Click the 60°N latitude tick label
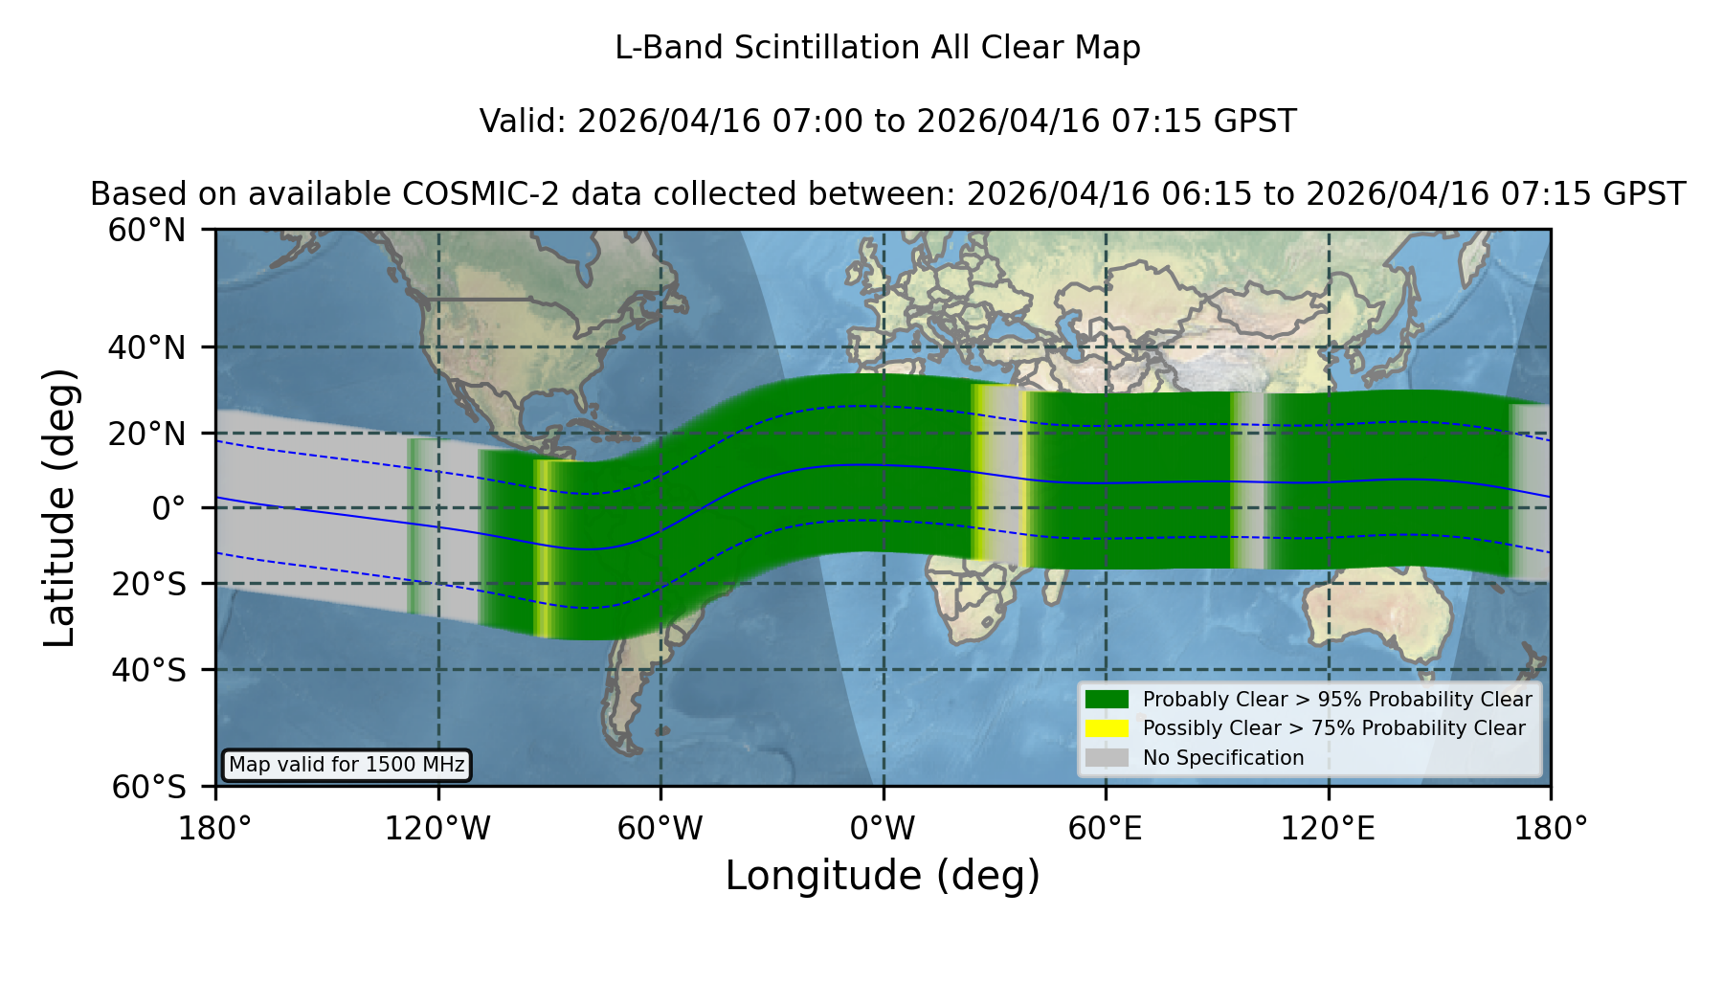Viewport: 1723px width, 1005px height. pyautogui.click(x=146, y=231)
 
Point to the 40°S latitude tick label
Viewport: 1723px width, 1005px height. pyautogui.click(x=148, y=670)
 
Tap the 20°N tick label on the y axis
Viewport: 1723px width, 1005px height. pyautogui.click(x=146, y=434)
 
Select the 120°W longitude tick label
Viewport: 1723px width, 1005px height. pyautogui.click(x=437, y=829)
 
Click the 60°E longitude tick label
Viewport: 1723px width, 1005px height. pyautogui.click(x=1106, y=829)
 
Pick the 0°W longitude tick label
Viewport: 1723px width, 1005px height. pyautogui.click(x=883, y=829)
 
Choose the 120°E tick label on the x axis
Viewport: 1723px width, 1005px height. pyautogui.click(x=1328, y=829)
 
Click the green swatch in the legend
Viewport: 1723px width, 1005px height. pyautogui.click(x=1107, y=699)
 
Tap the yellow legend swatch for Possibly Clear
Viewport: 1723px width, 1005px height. pyautogui.click(x=1107, y=728)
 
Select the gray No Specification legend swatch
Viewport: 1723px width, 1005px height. pyautogui.click(x=1107, y=758)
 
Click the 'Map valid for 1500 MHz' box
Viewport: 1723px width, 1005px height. pyautogui.click(x=347, y=765)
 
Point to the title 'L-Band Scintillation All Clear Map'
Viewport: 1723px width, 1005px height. pyautogui.click(x=878, y=48)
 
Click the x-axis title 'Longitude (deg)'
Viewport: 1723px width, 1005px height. pyautogui.click(x=883, y=877)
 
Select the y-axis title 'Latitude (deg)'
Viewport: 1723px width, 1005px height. pyautogui.click(x=59, y=507)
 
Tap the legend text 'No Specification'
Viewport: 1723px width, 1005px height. pyautogui.click(x=1223, y=758)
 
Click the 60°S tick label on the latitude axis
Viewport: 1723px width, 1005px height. pyautogui.click(x=148, y=787)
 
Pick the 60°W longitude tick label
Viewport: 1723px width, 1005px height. pyautogui.click(x=660, y=829)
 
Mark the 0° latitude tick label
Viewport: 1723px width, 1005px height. pyautogui.click(x=168, y=508)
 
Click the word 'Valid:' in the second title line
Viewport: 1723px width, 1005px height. pyautogui.click(x=524, y=122)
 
